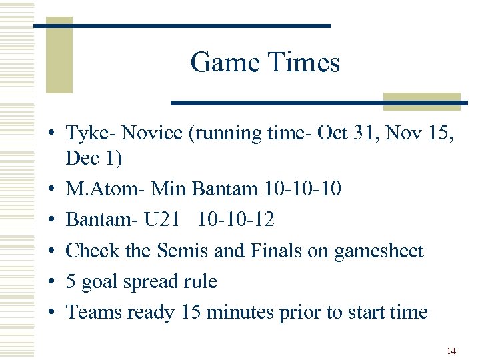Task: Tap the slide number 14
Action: (x=451, y=350)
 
